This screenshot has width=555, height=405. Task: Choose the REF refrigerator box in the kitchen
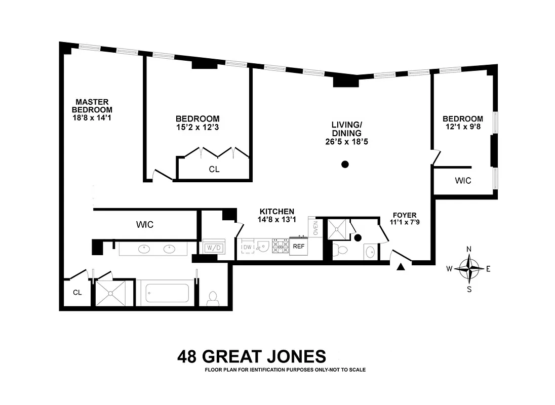point(298,247)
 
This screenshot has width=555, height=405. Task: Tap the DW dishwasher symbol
point(248,246)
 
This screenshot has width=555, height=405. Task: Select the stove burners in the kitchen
point(280,247)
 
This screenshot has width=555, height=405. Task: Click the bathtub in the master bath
point(167,293)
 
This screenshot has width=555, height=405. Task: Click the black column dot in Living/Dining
point(345,164)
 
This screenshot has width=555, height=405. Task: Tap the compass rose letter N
point(469,249)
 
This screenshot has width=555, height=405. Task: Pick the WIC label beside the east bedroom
point(463,180)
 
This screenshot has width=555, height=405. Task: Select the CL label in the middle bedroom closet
point(214,170)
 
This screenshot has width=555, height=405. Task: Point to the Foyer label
point(404,215)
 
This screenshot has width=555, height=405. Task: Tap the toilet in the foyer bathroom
point(342,250)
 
